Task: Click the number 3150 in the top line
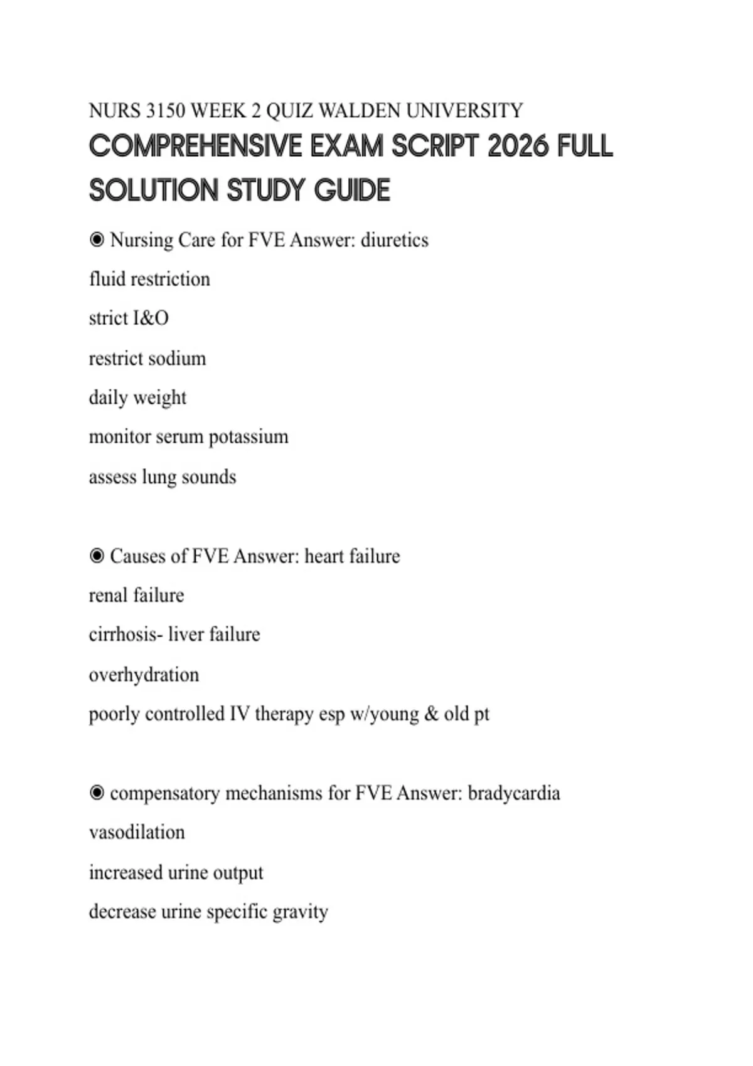tap(165, 111)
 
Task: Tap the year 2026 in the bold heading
tap(518, 147)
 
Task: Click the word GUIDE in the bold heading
tap(352, 191)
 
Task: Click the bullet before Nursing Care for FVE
tap(97, 240)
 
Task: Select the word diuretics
tap(395, 240)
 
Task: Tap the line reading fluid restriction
tap(149, 279)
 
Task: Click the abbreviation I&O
tap(151, 319)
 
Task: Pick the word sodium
tap(181, 358)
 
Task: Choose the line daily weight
tap(137, 398)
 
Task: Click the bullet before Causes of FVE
tap(97, 556)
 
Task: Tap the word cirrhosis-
tap(125, 635)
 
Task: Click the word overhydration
tap(144, 675)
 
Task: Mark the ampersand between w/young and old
tap(431, 714)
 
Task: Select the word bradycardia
tap(514, 793)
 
